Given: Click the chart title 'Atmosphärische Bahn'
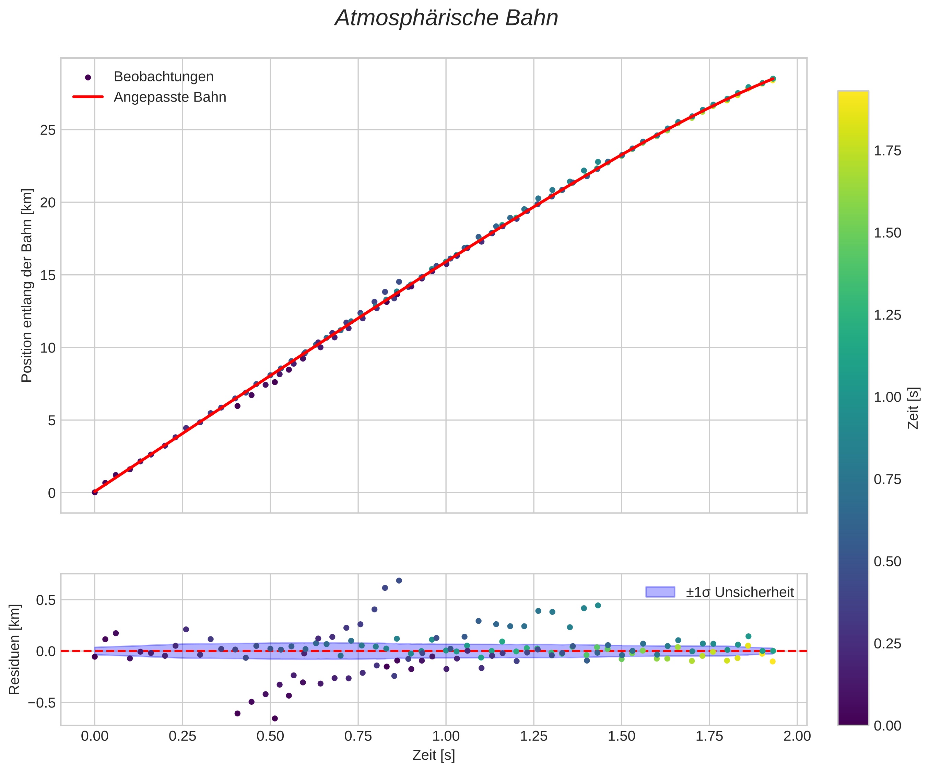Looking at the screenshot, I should click(446, 19).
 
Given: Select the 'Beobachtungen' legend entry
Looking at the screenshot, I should click(163, 77).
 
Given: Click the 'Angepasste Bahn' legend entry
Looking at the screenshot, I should click(170, 97).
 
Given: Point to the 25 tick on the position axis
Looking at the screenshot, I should click(49, 130).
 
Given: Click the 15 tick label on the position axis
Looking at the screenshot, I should click(49, 275).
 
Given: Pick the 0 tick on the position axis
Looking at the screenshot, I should click(52, 493).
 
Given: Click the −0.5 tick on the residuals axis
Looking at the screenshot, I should click(42, 703).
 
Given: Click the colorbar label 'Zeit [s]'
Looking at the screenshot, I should click(913, 408).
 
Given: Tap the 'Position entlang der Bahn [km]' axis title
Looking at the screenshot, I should click(27, 286).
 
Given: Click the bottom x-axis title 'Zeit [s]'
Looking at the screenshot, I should click(434, 756).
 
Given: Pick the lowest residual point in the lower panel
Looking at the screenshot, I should click(275, 718).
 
